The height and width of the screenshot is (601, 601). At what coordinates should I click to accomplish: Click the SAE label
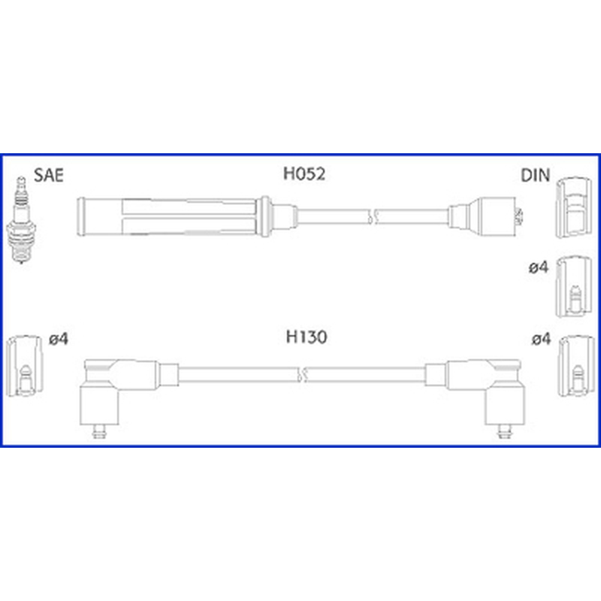(x=49, y=175)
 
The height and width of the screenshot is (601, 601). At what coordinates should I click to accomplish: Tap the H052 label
(x=304, y=174)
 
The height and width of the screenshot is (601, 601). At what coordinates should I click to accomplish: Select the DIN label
(x=535, y=175)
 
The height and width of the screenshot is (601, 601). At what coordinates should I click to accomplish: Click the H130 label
(x=307, y=337)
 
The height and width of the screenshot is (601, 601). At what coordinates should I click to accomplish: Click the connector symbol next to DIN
(x=573, y=207)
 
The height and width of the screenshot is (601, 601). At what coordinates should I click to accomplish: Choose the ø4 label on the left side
(x=59, y=339)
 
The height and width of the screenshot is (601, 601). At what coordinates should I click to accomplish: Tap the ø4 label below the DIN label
(x=538, y=267)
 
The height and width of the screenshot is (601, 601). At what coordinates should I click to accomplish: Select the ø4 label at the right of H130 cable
(x=541, y=339)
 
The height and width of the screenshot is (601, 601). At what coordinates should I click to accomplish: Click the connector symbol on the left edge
(x=25, y=366)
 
